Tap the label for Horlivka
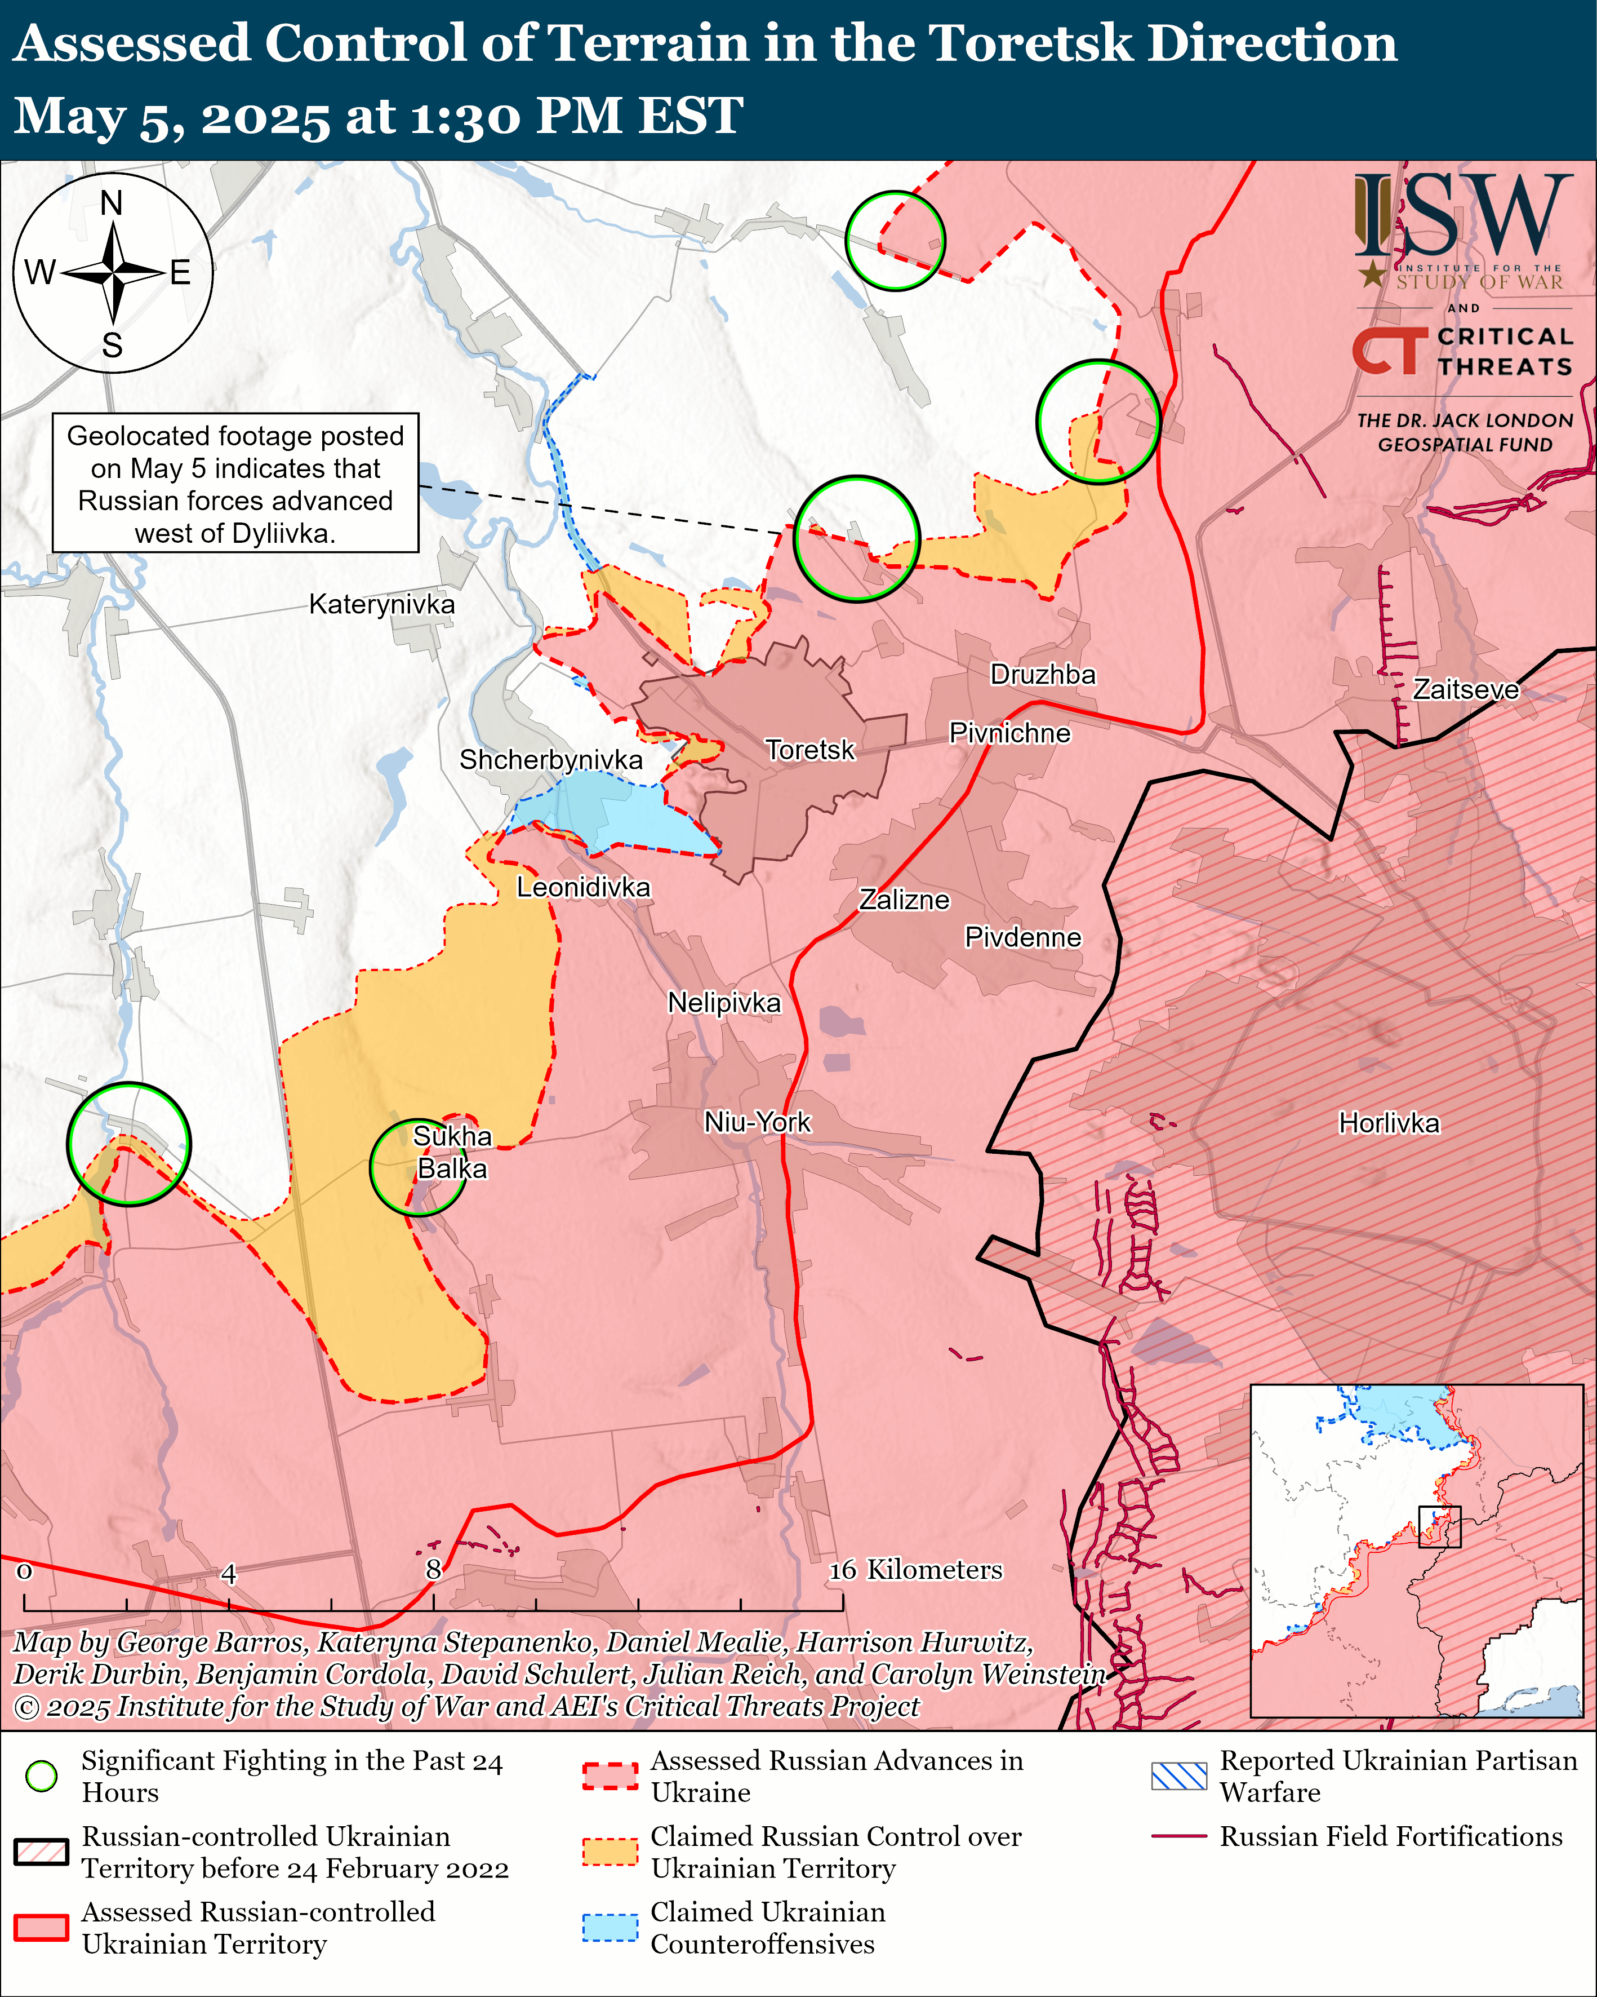(1389, 1123)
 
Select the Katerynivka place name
(381, 605)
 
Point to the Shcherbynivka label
(551, 760)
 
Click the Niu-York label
(757, 1123)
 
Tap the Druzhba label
(1043, 674)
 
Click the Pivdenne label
(1023, 937)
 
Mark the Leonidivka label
(583, 887)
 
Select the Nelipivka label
(724, 1003)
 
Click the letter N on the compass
(111, 203)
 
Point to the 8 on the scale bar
(433, 1569)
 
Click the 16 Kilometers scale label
(915, 1569)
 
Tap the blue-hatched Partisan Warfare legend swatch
(1178, 1775)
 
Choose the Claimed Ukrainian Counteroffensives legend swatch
(610, 1927)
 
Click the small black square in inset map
(1440, 1526)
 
